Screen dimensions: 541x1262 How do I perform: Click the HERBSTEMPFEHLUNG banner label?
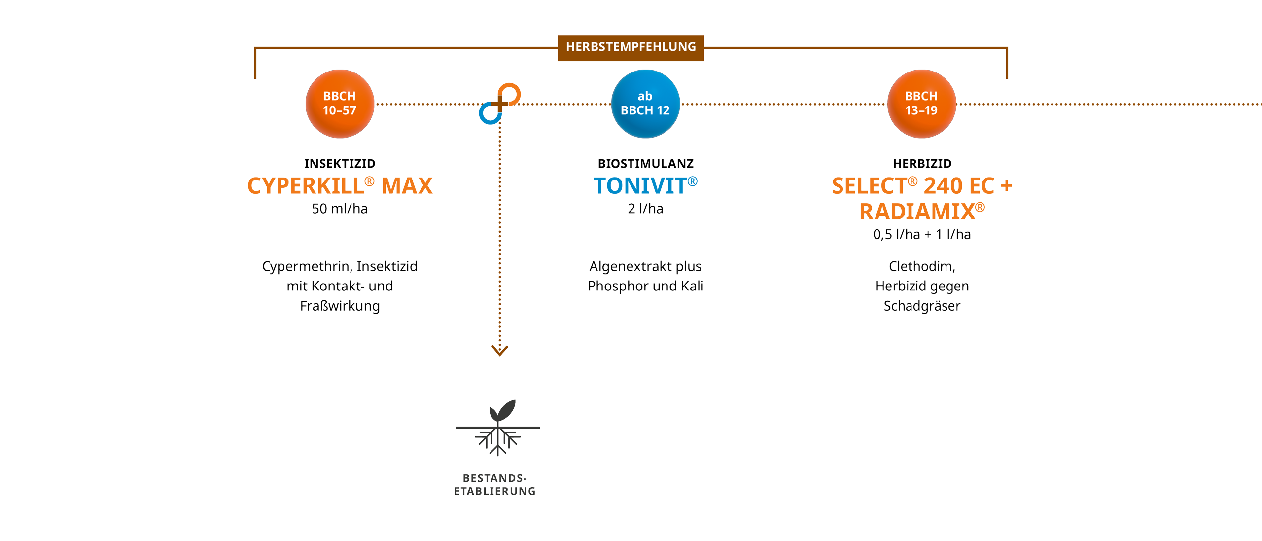pyautogui.click(x=631, y=47)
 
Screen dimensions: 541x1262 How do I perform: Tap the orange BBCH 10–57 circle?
pyautogui.click(x=340, y=104)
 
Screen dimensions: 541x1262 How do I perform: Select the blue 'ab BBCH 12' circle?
pyautogui.click(x=645, y=104)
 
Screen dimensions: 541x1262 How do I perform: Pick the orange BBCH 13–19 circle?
pyautogui.click(x=921, y=104)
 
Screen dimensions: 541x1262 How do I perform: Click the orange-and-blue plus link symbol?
pyautogui.click(x=499, y=104)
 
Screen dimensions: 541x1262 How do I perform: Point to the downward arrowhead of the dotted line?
pyautogui.click(x=499, y=351)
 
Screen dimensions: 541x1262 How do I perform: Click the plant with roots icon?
pyautogui.click(x=497, y=427)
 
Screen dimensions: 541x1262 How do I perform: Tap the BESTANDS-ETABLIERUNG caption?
pyautogui.click(x=495, y=484)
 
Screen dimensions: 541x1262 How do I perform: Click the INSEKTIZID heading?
pyautogui.click(x=340, y=164)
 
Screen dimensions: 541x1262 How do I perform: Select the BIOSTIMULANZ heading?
pyautogui.click(x=645, y=164)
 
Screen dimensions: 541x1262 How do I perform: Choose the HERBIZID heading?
pyautogui.click(x=922, y=164)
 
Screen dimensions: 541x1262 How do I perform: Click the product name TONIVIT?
pyautogui.click(x=640, y=186)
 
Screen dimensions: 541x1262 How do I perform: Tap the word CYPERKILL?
pyautogui.click(x=306, y=186)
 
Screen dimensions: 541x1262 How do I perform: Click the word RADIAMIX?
pyautogui.click(x=917, y=212)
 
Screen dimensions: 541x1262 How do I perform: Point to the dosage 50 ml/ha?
pyautogui.click(x=340, y=209)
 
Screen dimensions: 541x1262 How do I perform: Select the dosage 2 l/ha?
pyautogui.click(x=645, y=209)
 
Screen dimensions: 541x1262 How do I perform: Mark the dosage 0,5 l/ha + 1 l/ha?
pyautogui.click(x=922, y=234)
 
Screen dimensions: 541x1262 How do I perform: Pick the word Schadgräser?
pyautogui.click(x=922, y=306)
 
